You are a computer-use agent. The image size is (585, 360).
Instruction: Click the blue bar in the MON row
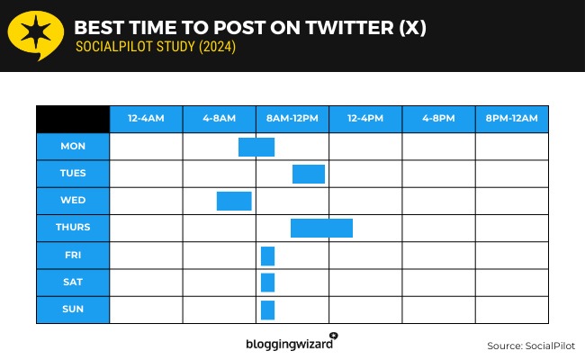[256, 147]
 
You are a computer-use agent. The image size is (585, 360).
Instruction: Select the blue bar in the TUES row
[309, 174]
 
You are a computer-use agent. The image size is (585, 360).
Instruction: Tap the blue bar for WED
[234, 201]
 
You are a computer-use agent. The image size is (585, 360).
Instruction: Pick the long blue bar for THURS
[321, 228]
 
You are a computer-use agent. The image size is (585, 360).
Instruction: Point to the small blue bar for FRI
[267, 256]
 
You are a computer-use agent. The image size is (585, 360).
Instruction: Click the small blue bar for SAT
[267, 283]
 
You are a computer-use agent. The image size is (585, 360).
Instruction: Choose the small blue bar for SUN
[267, 310]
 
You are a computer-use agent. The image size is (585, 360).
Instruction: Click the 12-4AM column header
[146, 119]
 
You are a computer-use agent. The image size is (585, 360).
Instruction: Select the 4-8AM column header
[219, 119]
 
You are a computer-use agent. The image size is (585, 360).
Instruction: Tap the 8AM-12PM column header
[292, 119]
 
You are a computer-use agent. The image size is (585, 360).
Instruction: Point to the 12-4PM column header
[365, 119]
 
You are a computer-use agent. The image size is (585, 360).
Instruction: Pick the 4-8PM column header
[438, 119]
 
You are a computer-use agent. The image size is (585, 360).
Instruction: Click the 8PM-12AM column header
[511, 119]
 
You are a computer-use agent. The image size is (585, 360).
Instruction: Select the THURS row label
[73, 228]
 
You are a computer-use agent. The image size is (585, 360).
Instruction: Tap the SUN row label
[73, 310]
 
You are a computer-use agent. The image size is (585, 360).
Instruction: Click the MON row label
[73, 147]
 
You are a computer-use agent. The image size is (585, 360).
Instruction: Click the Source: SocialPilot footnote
[531, 345]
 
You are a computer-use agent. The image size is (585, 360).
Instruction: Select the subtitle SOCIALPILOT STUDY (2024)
[155, 47]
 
